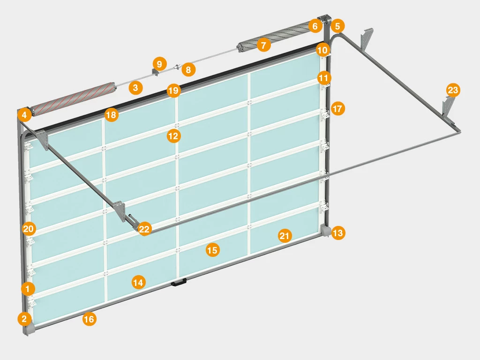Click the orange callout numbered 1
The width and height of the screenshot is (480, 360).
(28, 289)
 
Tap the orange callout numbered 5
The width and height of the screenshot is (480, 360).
(337, 26)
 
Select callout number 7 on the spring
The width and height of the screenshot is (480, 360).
(263, 45)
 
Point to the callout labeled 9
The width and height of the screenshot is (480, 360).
(159, 64)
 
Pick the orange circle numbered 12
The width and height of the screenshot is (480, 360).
(173, 135)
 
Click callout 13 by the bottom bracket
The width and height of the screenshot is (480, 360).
(338, 233)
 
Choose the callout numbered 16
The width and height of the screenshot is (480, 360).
(89, 319)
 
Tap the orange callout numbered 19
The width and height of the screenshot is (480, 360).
(173, 90)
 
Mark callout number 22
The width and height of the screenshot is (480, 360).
(144, 229)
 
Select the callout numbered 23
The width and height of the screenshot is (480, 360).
(453, 90)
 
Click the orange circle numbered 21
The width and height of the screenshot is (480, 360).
(285, 236)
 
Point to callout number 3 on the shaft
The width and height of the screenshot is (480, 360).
(135, 88)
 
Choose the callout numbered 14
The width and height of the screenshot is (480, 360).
(138, 282)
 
